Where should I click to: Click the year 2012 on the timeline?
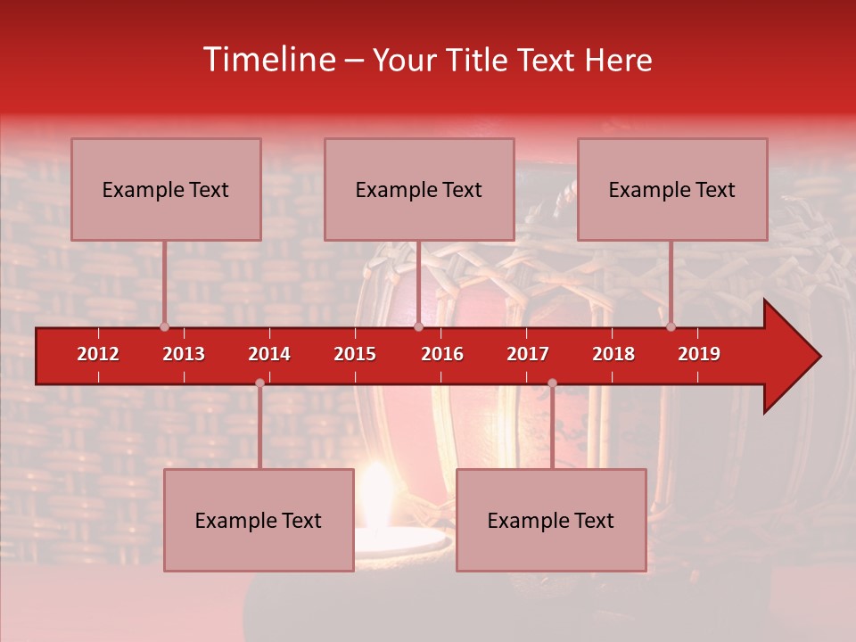98,354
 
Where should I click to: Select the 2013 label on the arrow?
184,354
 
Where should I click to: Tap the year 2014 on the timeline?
269,354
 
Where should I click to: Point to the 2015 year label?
355,354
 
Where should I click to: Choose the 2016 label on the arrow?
442,354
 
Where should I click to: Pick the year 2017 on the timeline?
528,354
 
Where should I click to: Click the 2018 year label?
613,354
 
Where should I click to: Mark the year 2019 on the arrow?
699,354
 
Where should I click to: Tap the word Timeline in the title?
267,60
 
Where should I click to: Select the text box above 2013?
166,189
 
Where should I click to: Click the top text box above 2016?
419,189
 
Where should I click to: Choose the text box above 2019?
672,189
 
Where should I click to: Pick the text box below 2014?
259,520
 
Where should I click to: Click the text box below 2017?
551,520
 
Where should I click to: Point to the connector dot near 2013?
164,326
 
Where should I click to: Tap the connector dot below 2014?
259,383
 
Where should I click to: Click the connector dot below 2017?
552,383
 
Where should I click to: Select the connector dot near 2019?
671,326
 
